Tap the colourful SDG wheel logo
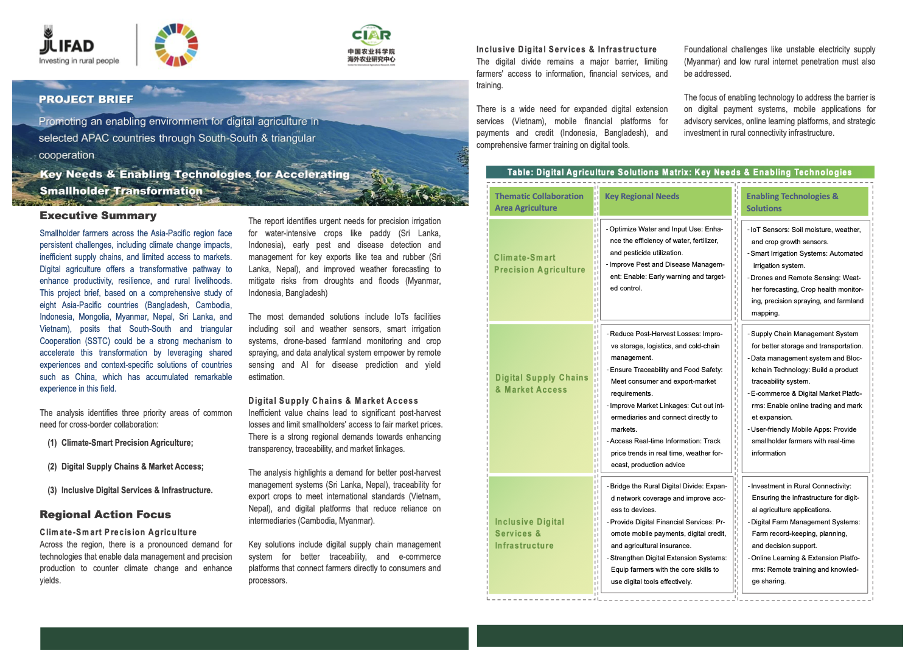point(176,45)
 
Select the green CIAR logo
point(371,44)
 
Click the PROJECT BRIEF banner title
point(86,99)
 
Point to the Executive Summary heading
point(98,216)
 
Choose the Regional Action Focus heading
point(105,515)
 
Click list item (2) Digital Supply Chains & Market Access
point(132,466)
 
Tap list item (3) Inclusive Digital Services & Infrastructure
point(136,490)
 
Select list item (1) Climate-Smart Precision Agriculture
point(127,443)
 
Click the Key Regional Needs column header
point(665,201)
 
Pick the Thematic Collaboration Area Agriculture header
point(540,202)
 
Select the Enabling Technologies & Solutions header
point(805,202)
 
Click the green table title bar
point(680,172)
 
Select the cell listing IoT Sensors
point(806,270)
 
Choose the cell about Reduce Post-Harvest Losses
point(666,399)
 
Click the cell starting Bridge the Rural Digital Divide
point(666,534)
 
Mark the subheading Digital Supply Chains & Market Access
point(333,401)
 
